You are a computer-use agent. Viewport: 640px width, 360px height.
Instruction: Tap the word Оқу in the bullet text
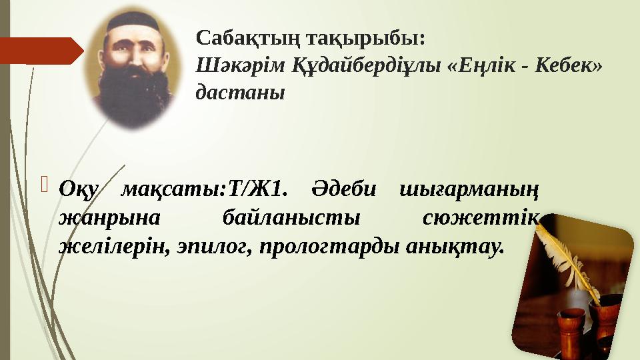tap(78, 190)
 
